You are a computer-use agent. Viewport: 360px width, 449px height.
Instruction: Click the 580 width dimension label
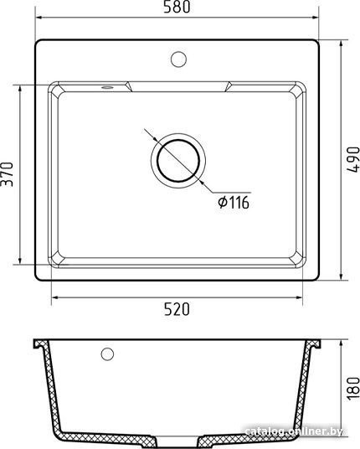point(177,7)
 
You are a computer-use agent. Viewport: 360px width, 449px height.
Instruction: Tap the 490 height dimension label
point(353,159)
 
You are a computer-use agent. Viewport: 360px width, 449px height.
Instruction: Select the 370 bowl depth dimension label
point(7,174)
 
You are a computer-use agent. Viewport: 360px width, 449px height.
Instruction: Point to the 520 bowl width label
point(177,309)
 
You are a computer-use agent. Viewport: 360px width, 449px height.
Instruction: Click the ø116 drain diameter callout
point(234,203)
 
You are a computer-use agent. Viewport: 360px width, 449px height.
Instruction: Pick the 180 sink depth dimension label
point(353,389)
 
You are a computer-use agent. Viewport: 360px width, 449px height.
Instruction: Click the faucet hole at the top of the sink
point(178,59)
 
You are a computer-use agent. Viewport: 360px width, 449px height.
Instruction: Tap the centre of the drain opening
point(178,161)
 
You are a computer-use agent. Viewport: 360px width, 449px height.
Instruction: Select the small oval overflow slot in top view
point(107,87)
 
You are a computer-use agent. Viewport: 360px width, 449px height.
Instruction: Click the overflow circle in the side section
point(107,354)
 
